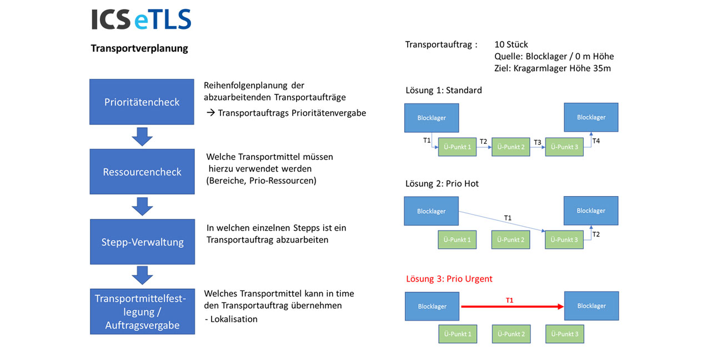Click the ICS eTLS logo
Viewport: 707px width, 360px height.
tap(141, 20)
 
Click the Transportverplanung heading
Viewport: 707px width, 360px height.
tap(139, 48)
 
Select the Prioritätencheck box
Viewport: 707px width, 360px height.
tap(142, 102)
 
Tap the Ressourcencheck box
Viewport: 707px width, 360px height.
tap(142, 172)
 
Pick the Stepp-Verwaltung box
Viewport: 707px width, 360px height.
tap(142, 242)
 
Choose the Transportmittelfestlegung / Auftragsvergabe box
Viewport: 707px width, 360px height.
tap(142, 312)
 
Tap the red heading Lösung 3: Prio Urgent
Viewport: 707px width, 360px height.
tap(449, 279)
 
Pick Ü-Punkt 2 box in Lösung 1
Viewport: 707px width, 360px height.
tap(510, 147)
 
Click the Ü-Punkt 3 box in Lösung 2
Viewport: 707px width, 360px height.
tap(564, 240)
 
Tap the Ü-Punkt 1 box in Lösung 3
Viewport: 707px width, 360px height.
tap(457, 334)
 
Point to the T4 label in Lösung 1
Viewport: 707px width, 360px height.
tap(596, 141)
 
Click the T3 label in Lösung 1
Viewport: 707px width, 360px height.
tap(537, 143)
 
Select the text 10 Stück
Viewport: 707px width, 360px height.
tap(511, 44)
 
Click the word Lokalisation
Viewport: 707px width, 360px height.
tap(234, 319)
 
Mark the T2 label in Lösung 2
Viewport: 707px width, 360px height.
tap(596, 234)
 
